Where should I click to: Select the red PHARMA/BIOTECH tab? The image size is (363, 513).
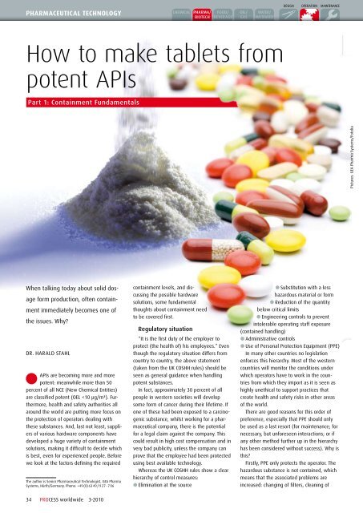(203, 13)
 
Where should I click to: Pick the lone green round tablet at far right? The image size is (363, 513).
(340, 213)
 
